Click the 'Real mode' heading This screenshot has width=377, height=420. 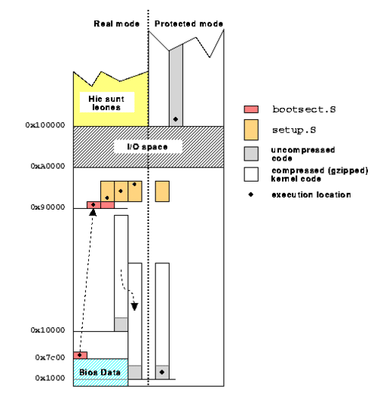[x=116, y=24]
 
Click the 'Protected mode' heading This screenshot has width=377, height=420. [x=188, y=24]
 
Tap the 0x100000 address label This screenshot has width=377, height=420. [x=45, y=125]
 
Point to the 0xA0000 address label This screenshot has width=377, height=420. [x=48, y=166]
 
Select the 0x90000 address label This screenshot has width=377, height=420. [x=48, y=207]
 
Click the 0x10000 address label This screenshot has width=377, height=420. [x=48, y=330]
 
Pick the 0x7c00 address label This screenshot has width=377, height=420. [x=50, y=357]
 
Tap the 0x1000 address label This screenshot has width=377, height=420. [x=50, y=378]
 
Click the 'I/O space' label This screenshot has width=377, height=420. [x=147, y=147]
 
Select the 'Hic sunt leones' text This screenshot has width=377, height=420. [x=106, y=103]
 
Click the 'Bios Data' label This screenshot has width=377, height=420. [x=100, y=372]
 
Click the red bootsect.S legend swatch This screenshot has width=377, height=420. [x=251, y=109]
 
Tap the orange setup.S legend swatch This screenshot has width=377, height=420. [x=251, y=130]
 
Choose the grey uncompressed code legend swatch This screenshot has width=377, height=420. [x=251, y=154]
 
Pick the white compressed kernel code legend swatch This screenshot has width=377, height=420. [x=251, y=174]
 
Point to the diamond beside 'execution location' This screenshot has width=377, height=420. [x=251, y=195]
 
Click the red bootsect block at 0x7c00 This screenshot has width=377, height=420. [x=81, y=355]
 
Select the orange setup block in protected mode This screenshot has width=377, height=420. [x=162, y=192]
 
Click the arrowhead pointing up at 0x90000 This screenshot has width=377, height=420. [x=93, y=213]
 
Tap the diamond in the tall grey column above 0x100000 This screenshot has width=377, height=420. [x=176, y=119]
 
